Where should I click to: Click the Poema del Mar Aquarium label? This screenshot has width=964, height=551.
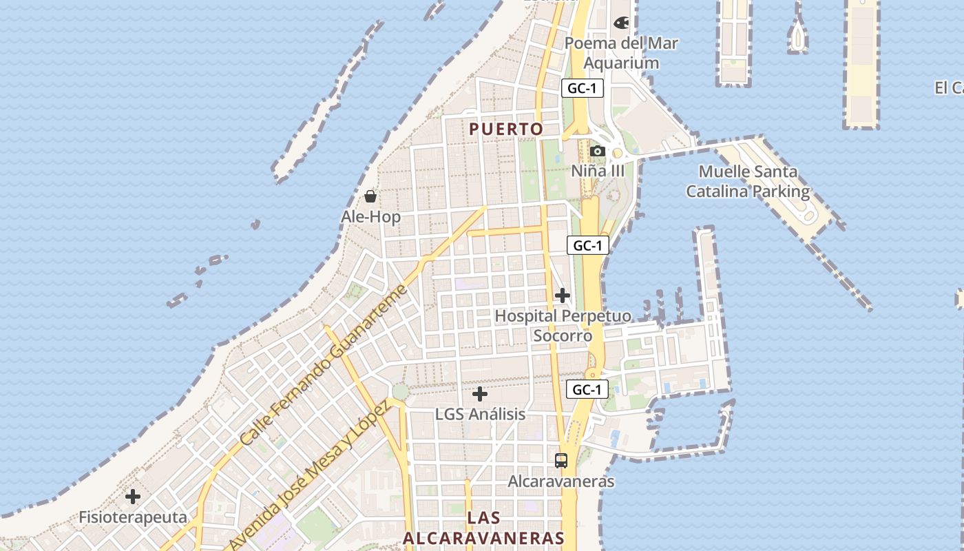[x=621, y=53]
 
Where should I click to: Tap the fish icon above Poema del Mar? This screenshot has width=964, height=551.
[x=621, y=23]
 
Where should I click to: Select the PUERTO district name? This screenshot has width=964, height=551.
[x=506, y=129]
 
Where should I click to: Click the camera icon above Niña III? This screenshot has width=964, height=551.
[x=598, y=151]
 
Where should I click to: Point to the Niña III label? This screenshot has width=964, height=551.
[x=598, y=171]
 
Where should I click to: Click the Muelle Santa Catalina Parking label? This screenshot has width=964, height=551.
[x=748, y=181]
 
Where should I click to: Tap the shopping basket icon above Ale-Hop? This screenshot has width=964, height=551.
[x=370, y=196]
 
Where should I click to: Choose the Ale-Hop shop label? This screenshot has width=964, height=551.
[x=370, y=217]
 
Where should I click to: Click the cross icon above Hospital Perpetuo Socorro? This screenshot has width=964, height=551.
[x=563, y=295]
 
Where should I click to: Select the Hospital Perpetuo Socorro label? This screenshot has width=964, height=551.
[x=563, y=326]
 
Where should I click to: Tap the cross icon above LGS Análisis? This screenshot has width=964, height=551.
[x=480, y=394]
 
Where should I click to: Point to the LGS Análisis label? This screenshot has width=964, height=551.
[x=480, y=415]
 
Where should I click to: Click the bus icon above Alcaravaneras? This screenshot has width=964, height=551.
[x=561, y=461]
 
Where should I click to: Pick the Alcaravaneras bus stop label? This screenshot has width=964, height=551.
[x=561, y=481]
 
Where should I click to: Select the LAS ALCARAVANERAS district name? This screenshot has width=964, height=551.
[x=483, y=528]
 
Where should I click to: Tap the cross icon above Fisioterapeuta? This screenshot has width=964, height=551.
[x=133, y=496]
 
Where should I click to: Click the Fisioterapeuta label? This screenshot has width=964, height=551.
[x=133, y=517]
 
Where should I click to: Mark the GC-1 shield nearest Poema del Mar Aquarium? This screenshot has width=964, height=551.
[x=583, y=88]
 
